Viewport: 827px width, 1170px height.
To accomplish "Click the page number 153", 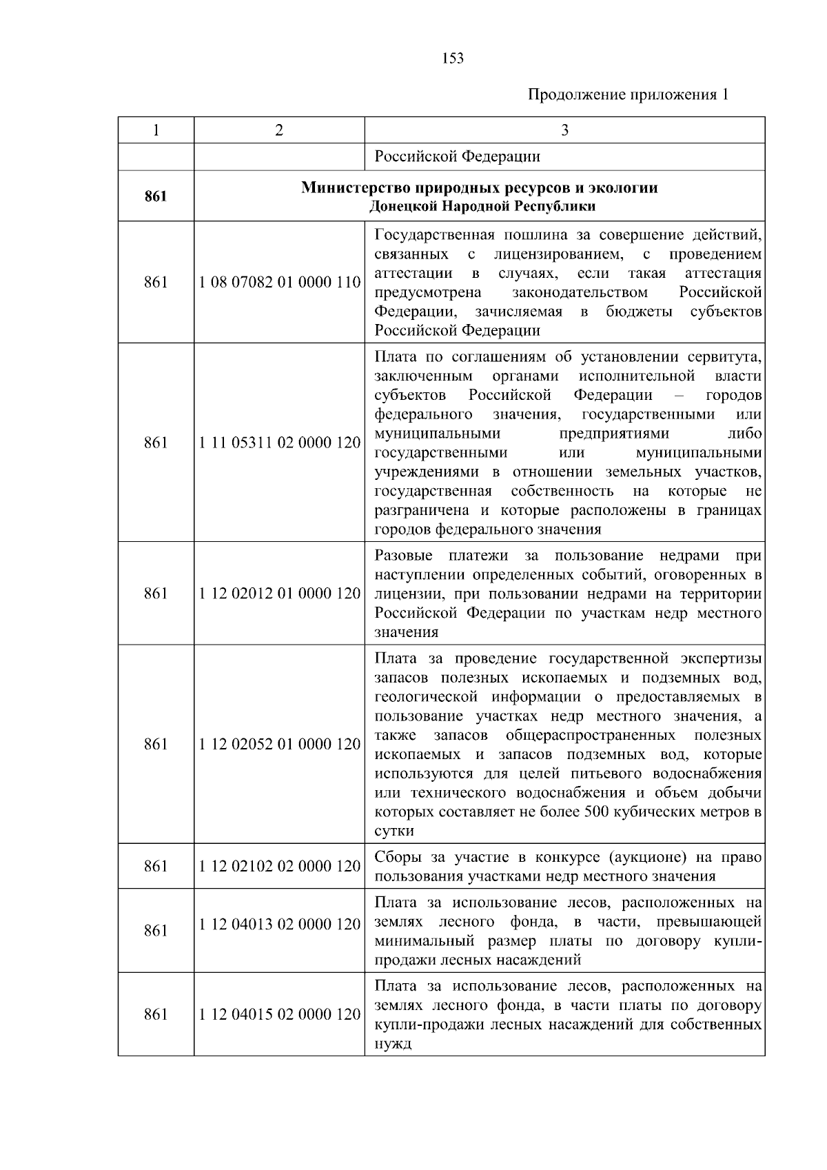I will (x=452, y=59).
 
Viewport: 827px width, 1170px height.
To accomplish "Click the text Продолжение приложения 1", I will (x=628, y=94).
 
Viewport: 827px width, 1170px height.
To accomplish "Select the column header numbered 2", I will (x=278, y=130).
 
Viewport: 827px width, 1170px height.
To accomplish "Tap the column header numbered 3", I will (x=564, y=130).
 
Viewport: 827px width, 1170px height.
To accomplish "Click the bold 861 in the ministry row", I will (x=156, y=196).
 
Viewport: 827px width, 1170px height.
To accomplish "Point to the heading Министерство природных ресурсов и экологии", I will (x=479, y=188).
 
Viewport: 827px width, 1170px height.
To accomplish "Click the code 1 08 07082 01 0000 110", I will (x=279, y=282).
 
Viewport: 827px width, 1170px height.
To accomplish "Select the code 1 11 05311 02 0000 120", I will (x=279, y=443).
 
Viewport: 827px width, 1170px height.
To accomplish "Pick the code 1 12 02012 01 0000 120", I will (x=279, y=594).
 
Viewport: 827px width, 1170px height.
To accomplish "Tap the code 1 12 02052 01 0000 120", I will (x=279, y=745).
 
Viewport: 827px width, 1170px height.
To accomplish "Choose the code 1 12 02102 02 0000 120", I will (x=279, y=866).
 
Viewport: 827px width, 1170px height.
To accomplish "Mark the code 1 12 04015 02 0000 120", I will (x=279, y=1015).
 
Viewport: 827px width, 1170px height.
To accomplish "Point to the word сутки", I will (x=394, y=831).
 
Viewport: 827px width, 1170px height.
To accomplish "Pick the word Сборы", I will (x=398, y=858).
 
